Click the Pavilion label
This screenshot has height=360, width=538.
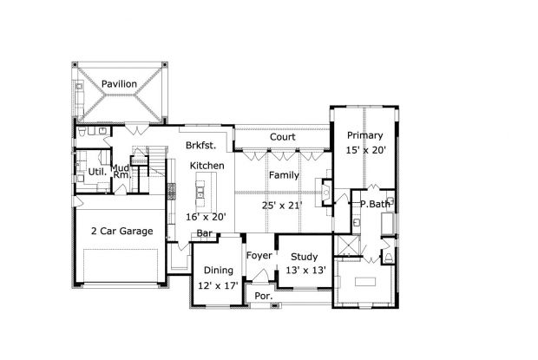coord(119,84)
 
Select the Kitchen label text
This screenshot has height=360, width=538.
coord(207,166)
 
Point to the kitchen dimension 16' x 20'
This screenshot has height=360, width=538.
coord(207,217)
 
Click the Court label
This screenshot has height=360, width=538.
coord(282,137)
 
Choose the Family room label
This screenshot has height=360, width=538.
coord(284,175)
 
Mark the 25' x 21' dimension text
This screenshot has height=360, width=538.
coord(283,206)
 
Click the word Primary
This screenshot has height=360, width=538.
coord(365,136)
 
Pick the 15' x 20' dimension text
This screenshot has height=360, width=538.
coord(365,150)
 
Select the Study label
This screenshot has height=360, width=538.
coord(304,257)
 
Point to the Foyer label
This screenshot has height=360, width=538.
coord(259,256)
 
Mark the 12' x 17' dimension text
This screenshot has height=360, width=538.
coord(217,285)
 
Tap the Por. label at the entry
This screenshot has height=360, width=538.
coord(263,296)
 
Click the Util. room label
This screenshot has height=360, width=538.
coord(97,173)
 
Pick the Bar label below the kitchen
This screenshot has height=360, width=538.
coord(206,233)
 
